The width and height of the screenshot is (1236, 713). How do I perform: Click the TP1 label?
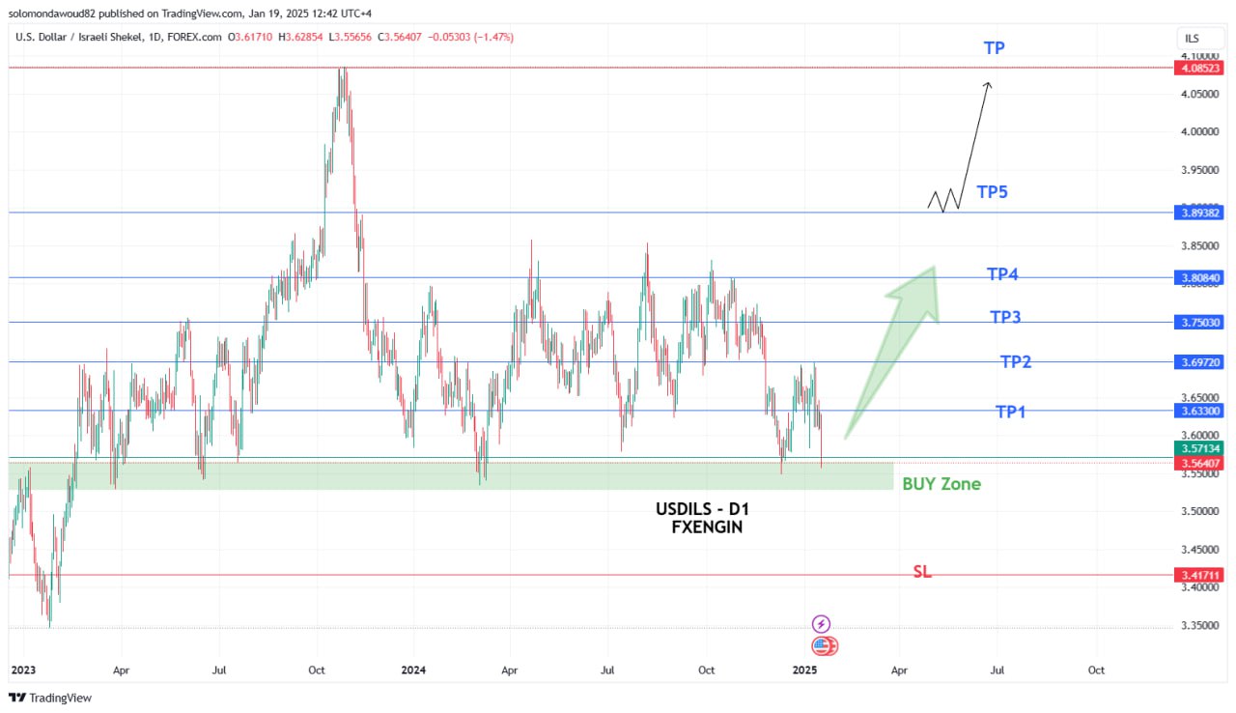[x=1010, y=413]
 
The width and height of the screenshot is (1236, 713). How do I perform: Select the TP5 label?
[x=992, y=192]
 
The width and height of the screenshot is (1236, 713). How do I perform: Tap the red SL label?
[x=922, y=572]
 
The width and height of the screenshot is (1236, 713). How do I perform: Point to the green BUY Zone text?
[x=941, y=484]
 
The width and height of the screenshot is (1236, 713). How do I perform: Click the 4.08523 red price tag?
[x=1198, y=69]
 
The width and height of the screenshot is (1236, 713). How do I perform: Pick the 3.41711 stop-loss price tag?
[x=1198, y=575]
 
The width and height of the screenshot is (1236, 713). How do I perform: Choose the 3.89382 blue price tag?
[x=1198, y=213]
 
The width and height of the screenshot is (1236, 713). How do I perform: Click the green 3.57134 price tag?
[x=1198, y=449]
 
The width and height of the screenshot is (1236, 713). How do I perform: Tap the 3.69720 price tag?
[x=1198, y=362]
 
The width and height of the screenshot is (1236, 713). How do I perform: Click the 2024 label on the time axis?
[x=413, y=670]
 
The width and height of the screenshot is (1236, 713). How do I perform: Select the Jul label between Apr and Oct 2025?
[x=997, y=670]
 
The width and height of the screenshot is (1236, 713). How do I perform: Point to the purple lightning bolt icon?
[x=821, y=624]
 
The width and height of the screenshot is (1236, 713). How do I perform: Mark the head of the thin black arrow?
[x=988, y=84]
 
